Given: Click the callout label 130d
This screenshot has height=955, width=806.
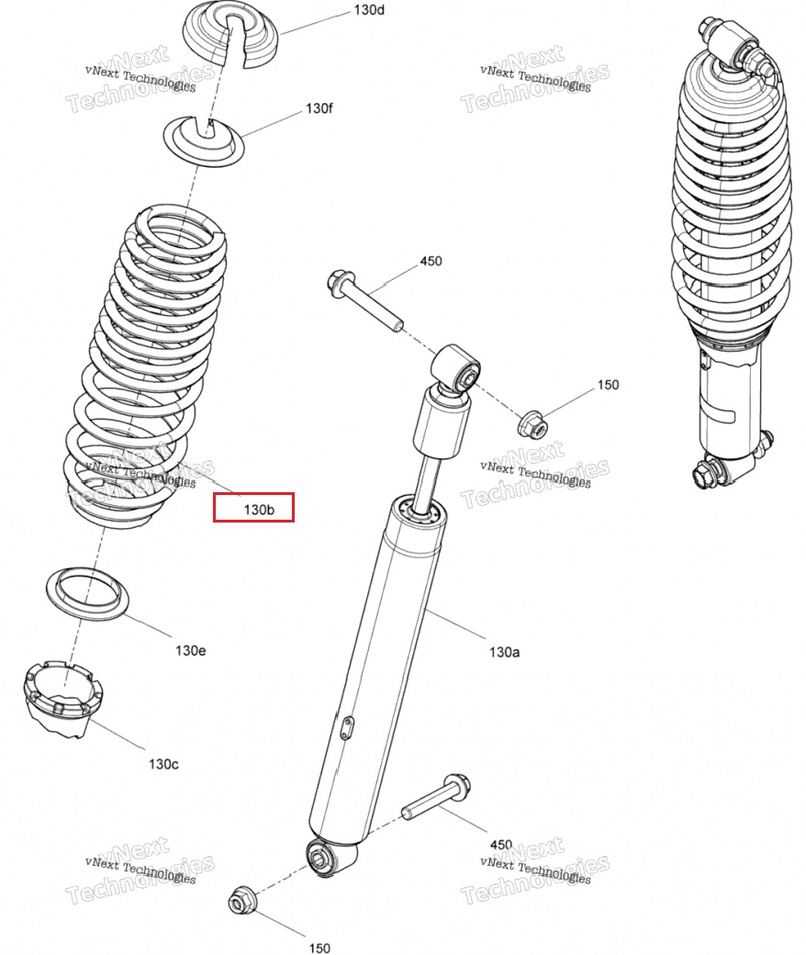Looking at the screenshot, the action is tap(369, 10).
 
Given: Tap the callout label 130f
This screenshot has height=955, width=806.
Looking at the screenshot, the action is tap(319, 108).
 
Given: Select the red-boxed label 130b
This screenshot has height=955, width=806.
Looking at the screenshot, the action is tap(259, 509).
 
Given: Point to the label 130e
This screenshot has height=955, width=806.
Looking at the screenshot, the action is tap(191, 650).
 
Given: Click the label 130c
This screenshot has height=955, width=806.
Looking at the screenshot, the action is tap(163, 764).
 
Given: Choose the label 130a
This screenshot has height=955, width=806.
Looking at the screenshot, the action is tap(505, 652).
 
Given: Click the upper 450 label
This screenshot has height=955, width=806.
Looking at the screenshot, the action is tap(431, 261).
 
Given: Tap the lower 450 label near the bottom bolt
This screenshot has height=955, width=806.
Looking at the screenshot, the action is tap(501, 844).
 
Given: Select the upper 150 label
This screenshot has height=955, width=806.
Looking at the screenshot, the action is tap(608, 385).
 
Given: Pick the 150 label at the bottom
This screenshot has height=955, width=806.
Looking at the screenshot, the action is tap(319, 948).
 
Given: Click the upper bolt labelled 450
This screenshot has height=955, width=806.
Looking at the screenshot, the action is tap(364, 299).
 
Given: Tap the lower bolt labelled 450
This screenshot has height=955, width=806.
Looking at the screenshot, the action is tap(436, 797).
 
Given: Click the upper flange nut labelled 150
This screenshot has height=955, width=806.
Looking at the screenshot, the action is tap(533, 424).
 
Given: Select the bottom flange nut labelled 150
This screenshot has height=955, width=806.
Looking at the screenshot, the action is tap(243, 901).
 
